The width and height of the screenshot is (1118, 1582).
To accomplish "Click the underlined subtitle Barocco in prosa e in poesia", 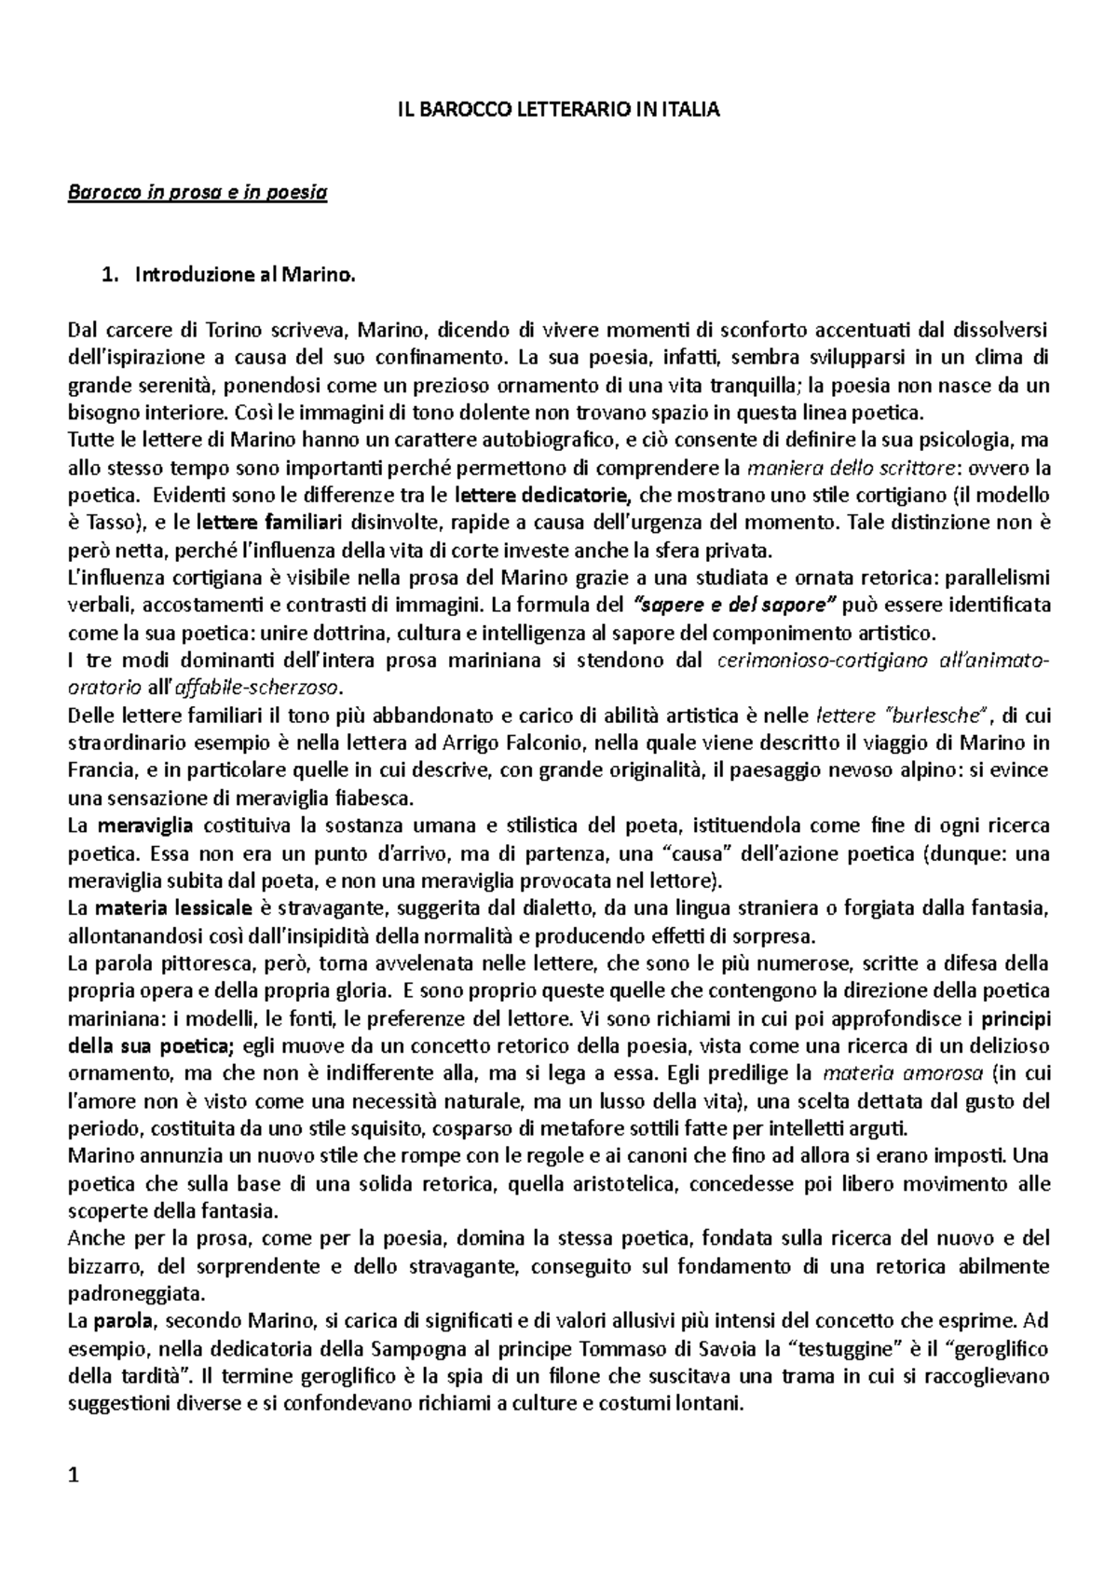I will [x=198, y=194].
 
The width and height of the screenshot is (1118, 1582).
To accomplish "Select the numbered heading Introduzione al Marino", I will [x=245, y=275].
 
